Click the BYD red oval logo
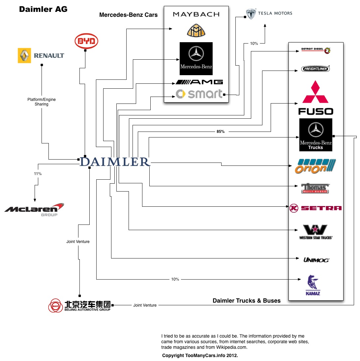[x=86, y=41]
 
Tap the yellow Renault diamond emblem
[x=24, y=55]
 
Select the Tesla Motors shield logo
[x=251, y=14]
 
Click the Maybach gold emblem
[x=196, y=30]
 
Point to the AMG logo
[x=199, y=82]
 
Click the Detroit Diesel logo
[x=316, y=50]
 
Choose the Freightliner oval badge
[x=315, y=69]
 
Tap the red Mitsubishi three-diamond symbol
[x=315, y=92]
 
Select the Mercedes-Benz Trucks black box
[x=315, y=135]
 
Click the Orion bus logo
[x=315, y=166]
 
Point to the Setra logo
[x=315, y=208]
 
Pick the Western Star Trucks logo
[x=315, y=232]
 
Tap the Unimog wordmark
[x=316, y=260]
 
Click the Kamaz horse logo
[x=313, y=285]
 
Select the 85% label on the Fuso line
[x=221, y=132]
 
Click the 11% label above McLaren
[x=38, y=174]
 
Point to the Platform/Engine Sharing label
[x=42, y=102]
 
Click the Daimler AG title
[x=43, y=9]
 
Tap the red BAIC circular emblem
[x=55, y=306]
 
